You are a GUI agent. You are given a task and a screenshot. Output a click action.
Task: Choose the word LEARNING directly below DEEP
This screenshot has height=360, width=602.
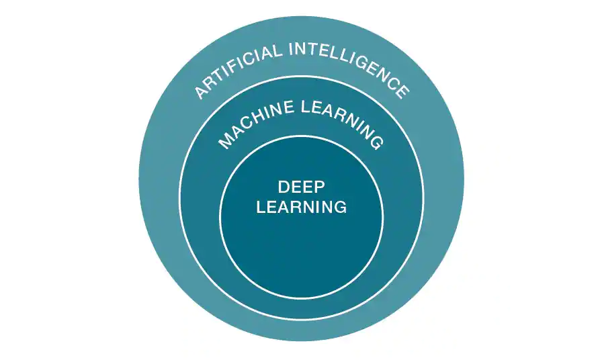pyautogui.click(x=302, y=206)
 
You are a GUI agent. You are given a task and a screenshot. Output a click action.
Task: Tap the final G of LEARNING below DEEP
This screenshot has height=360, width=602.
pyautogui.click(x=340, y=206)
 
